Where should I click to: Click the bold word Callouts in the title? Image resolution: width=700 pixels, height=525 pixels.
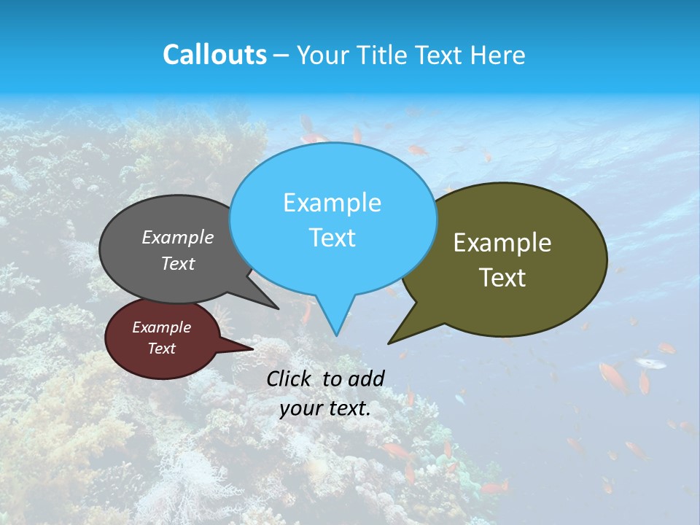tap(214, 55)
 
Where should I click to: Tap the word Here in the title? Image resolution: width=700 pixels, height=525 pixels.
tap(499, 55)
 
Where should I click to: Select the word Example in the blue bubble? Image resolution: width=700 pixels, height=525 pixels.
tap(332, 203)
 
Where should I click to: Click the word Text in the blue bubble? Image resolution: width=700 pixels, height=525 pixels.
tap(332, 238)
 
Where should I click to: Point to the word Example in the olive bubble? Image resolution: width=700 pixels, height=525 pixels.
tap(502, 243)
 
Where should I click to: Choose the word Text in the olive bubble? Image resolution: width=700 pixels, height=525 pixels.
tap(502, 278)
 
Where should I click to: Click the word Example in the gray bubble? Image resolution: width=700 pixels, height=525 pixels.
tap(178, 237)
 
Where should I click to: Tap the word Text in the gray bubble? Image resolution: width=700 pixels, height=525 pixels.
tap(178, 264)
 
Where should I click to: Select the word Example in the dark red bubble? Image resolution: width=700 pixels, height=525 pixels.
tap(162, 327)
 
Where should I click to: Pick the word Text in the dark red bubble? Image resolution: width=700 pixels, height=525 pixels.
tap(162, 349)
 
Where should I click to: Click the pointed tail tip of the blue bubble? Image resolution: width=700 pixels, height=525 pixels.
tap(336, 335)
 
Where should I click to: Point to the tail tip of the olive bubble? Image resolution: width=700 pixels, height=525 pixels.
tap(389, 343)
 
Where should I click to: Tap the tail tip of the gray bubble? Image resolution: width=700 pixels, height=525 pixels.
tap(278, 308)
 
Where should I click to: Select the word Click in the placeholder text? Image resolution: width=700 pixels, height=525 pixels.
tap(289, 378)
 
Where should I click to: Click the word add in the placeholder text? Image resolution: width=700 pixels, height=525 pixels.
tap(367, 378)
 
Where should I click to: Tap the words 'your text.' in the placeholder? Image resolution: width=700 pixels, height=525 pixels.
tap(325, 408)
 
